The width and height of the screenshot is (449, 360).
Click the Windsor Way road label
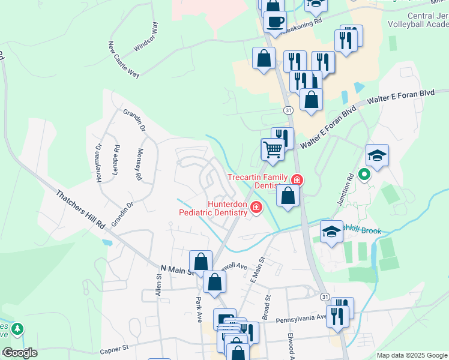(x=147, y=37)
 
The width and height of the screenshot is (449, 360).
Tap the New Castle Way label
(x=124, y=59)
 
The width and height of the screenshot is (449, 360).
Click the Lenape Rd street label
(x=116, y=158)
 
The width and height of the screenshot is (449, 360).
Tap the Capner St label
(x=114, y=348)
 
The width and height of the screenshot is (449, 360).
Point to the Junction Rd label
(x=343, y=190)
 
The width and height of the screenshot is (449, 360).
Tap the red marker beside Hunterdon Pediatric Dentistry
(x=256, y=208)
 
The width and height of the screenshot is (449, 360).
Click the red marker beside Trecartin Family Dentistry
(x=297, y=179)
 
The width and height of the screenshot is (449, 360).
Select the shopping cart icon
(x=273, y=149)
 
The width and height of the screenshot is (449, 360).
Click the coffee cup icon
(x=276, y=22)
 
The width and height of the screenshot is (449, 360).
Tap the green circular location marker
(x=363, y=175)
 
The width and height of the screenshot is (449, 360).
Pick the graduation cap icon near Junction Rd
(x=377, y=155)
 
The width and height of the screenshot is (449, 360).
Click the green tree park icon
(x=18, y=329)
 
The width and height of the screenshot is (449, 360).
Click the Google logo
(x=20, y=352)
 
